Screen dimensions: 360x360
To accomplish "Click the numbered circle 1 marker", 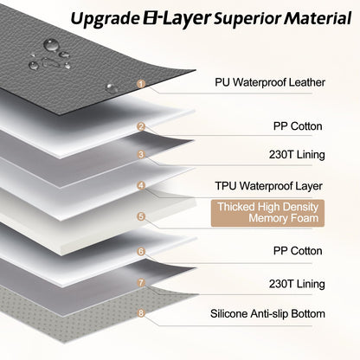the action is click(141, 84).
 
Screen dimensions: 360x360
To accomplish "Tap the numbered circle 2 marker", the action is click(141, 126).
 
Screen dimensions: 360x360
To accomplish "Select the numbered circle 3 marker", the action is click(141, 155).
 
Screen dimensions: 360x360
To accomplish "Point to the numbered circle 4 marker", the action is click(141, 185).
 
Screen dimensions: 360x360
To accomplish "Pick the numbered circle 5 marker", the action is click(141, 216).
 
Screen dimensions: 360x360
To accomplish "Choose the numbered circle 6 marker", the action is click(141, 252).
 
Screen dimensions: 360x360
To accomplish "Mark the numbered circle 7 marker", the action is click(141, 282).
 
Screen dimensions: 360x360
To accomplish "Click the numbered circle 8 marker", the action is click(141, 312).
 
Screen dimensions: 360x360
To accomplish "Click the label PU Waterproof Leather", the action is click(270, 82).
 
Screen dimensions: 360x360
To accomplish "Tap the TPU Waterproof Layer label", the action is click(268, 186).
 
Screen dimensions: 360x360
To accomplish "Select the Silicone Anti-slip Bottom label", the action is click(267, 313).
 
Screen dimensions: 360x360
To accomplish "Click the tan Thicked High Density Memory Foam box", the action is click(267, 213).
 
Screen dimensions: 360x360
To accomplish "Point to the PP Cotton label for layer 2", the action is click(298, 126).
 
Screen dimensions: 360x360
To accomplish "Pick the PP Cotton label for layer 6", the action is click(298, 251).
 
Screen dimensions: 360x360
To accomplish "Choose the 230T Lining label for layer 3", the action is click(297, 155).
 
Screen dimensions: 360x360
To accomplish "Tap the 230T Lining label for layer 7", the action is click(297, 284).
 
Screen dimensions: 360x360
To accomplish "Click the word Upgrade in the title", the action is click(105, 19).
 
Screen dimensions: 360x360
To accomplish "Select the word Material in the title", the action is click(318, 18).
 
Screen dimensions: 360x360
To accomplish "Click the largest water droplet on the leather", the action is click(51, 45).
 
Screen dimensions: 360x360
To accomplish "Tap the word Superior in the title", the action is click(247, 19).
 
